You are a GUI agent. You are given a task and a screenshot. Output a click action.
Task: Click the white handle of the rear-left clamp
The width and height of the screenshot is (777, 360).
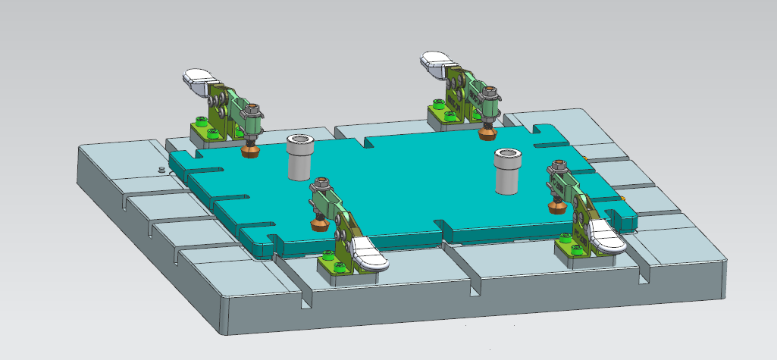(x=199, y=77)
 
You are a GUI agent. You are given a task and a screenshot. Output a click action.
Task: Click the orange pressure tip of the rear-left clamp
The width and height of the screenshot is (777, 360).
(x=249, y=152)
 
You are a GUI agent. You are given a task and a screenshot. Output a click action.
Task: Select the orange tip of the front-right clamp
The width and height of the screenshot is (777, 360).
(x=558, y=205)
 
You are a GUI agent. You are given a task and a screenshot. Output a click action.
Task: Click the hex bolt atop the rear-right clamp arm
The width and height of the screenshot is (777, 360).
(x=490, y=94)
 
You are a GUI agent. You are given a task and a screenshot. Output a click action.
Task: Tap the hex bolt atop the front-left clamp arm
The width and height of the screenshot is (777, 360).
(x=320, y=182)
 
